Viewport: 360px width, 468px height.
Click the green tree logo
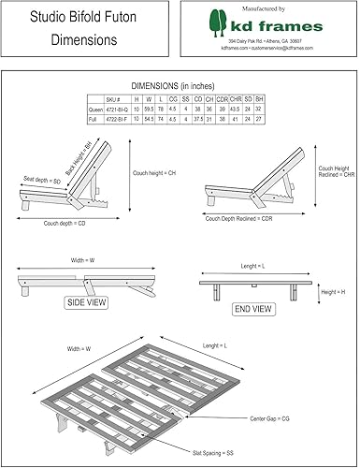[220, 22]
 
